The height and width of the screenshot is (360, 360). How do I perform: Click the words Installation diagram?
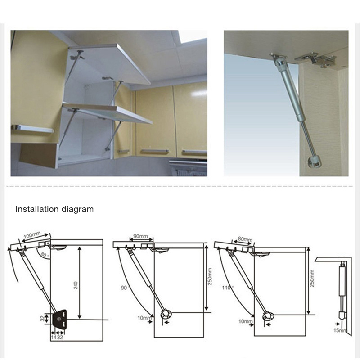(x=54, y=209)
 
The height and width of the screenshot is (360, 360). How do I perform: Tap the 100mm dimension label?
(x=32, y=235)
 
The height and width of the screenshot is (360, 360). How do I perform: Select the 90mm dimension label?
(x=140, y=236)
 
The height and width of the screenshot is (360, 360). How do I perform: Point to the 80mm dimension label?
(x=245, y=239)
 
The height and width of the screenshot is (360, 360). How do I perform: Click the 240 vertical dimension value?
(x=76, y=285)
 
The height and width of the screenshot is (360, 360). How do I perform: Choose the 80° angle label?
(x=44, y=254)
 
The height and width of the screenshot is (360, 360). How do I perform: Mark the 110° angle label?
(x=228, y=288)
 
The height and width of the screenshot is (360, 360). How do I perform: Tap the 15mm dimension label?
(x=340, y=330)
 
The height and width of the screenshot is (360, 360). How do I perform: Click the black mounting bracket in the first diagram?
(x=60, y=319)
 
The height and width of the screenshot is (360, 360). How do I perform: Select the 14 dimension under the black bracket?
(x=54, y=337)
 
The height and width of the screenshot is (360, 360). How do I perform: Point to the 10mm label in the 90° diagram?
(x=145, y=318)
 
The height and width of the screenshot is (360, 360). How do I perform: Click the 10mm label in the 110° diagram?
(x=246, y=321)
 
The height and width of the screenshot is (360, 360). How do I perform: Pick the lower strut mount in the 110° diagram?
(x=268, y=316)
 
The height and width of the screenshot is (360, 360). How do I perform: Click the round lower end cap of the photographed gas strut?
(x=315, y=162)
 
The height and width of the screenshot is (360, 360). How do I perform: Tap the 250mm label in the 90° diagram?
(x=210, y=276)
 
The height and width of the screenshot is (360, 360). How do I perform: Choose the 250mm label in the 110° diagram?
(x=312, y=278)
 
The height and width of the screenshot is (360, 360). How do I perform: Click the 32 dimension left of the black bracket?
(x=42, y=319)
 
